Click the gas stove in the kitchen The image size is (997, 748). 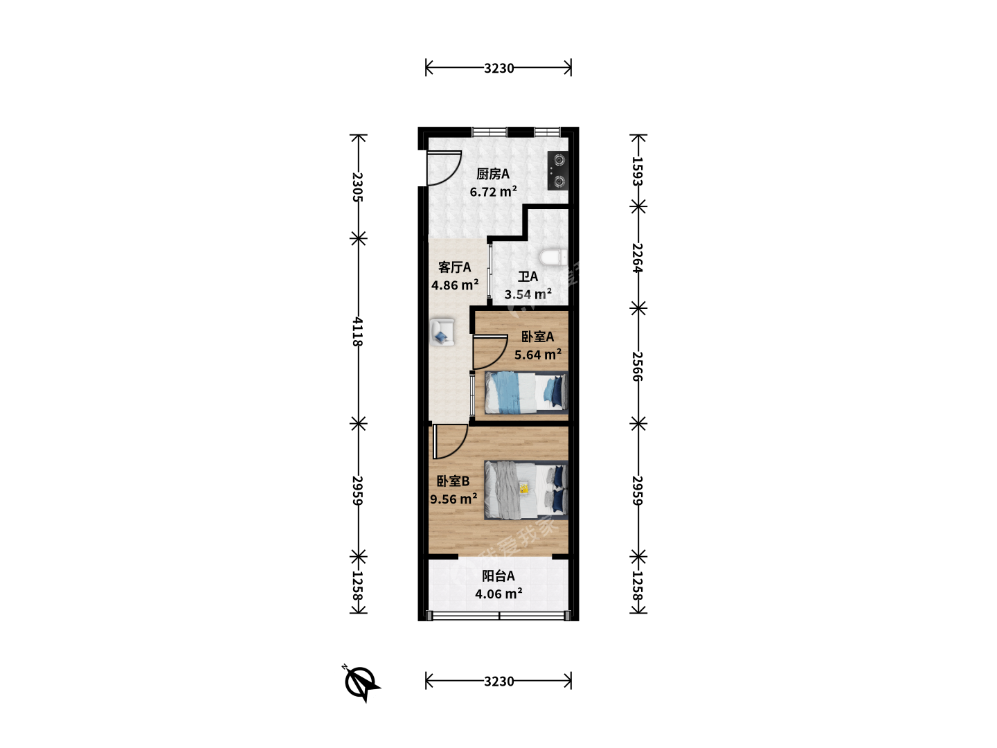pos(558,171)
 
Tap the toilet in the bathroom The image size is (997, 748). pos(553,257)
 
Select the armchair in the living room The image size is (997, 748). pos(442,333)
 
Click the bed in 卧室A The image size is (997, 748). pos(526,393)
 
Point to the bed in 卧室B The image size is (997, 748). pos(526,490)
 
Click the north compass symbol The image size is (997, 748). pos(361,683)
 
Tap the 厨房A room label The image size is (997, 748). pos(493,174)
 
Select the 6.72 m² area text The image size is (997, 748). pos(493,192)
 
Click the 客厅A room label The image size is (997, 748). pos(455,267)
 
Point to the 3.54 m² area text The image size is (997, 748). pos(528,294)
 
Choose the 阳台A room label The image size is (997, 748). pos(498,576)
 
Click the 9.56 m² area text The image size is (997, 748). pos(453,499)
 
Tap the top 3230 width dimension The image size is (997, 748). pos(498,68)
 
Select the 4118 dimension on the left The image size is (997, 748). pos(358,332)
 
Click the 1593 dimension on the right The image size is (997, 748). pos(638,171)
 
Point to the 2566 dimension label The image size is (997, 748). pos(638,366)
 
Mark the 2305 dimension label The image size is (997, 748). pos(358,187)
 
